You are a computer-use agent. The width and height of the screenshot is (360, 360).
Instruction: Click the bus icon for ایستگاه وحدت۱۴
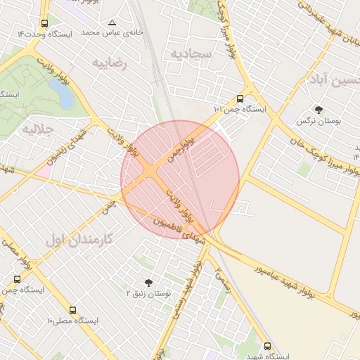coord(45,23)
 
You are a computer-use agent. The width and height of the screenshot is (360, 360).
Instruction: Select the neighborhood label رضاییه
coord(111,63)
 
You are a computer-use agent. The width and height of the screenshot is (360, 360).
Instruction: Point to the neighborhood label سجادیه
coord(188,54)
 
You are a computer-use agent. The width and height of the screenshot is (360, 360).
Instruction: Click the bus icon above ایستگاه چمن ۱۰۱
coord(240,98)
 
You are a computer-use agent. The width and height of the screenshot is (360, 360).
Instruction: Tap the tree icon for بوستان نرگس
coord(319,110)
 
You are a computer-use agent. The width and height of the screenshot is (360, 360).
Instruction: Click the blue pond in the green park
coord(61,94)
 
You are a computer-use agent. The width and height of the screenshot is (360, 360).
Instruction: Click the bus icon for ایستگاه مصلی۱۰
coord(72,310)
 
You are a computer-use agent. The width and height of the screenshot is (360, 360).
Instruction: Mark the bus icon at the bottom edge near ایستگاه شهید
coord(266,345)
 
